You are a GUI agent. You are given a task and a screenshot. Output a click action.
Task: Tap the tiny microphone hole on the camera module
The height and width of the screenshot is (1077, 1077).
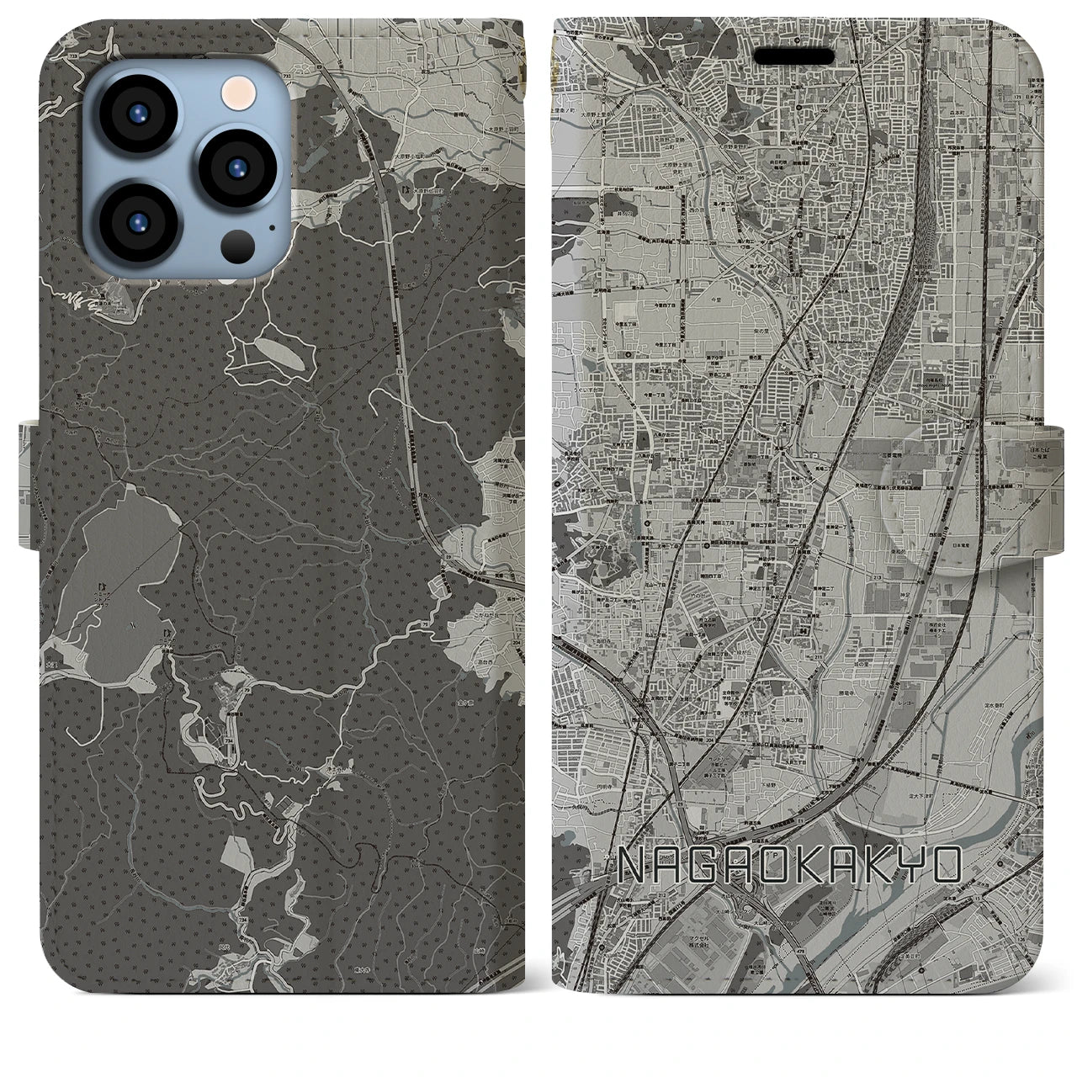click(x=271, y=225)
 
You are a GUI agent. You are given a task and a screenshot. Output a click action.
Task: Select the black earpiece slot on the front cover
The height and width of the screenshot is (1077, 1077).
click(x=794, y=56)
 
